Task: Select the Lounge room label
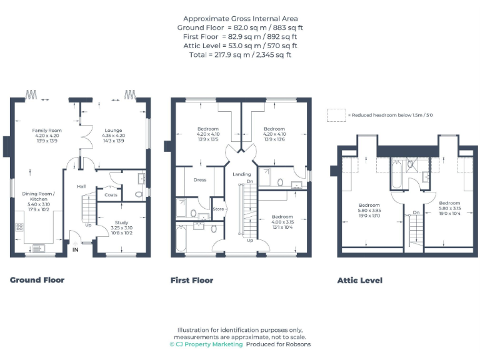(113, 130)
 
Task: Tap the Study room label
(122, 222)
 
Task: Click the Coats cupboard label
(111, 195)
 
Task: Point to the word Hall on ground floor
(81, 186)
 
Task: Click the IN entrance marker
(76, 250)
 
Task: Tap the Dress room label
(200, 180)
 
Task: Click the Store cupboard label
(218, 209)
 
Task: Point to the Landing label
(242, 174)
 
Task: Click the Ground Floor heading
(37, 280)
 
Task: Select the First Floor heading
(192, 281)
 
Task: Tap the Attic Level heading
(360, 281)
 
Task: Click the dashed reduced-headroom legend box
(336, 115)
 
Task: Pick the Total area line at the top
(241, 54)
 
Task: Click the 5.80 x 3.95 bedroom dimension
(369, 211)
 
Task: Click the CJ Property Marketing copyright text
(206, 344)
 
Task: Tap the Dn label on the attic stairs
(416, 212)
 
